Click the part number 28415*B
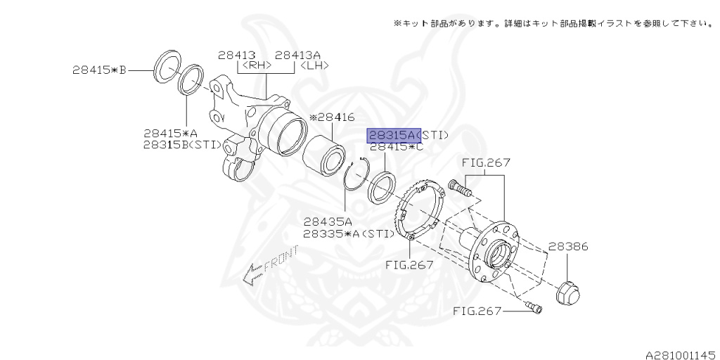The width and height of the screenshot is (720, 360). point(98,70)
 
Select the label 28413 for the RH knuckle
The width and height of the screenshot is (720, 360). point(236,55)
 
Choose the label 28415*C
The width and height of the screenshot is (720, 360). point(397,147)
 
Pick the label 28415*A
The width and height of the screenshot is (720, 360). point(171,133)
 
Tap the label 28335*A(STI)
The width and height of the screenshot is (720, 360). point(346,233)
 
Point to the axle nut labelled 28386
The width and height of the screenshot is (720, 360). point(567,292)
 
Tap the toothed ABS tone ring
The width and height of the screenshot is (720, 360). point(422,211)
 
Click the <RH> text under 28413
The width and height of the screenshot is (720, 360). point(256,65)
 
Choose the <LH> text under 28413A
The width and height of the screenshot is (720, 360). point(314,65)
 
